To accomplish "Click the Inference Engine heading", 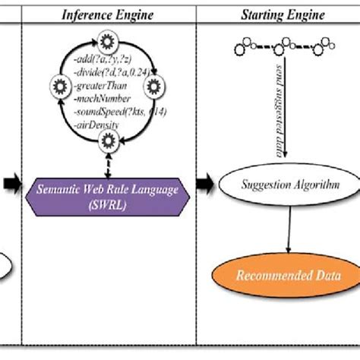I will [x=108, y=14].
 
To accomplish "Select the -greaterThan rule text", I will [x=97, y=85].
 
